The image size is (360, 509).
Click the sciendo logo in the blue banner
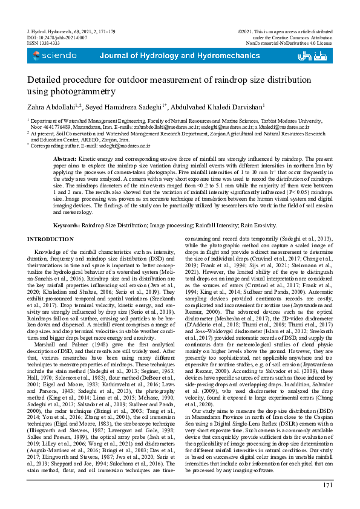pyautogui.click(x=55, y=56)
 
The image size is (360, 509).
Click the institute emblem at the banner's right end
pyautogui.click(x=316, y=56)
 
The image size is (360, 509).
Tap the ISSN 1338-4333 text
pyautogui.click(x=44, y=44)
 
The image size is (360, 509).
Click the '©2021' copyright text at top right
pyautogui.click(x=246, y=30)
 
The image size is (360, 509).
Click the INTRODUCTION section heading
pyautogui.click(x=51, y=240)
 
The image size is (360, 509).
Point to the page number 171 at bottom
pyautogui.click(x=327, y=485)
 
